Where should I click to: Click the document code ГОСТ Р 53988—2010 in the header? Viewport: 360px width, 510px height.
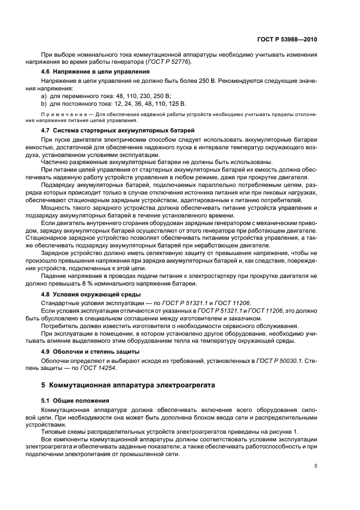(x=286, y=40)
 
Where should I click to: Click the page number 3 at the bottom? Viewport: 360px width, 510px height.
(x=315, y=466)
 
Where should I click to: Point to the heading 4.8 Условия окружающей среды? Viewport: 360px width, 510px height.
(x=87, y=294)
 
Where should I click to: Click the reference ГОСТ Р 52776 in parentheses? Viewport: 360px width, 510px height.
(x=170, y=63)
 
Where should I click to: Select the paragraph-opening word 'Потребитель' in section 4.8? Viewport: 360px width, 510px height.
(x=59, y=326)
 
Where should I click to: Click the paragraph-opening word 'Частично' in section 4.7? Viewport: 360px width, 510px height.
(x=56, y=161)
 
